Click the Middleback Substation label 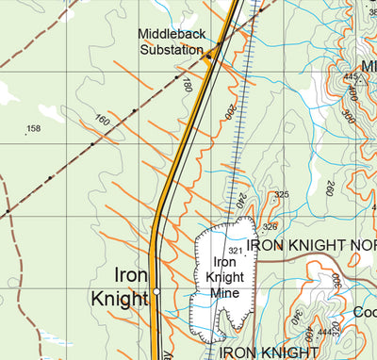[171, 41]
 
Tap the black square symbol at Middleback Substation [209, 57]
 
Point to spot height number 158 [34, 128]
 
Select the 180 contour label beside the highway [188, 86]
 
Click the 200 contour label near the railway [227, 111]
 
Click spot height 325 [280, 195]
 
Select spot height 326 [270, 226]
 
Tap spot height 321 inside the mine [236, 251]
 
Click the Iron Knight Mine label [223, 277]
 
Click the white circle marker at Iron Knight [157, 292]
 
